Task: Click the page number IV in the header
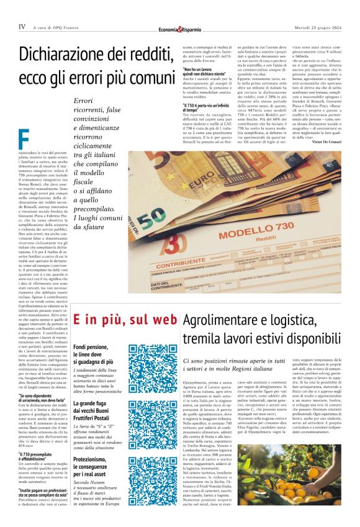(22, 27)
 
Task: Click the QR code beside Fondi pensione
(145, 361)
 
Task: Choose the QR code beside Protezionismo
(145, 472)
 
